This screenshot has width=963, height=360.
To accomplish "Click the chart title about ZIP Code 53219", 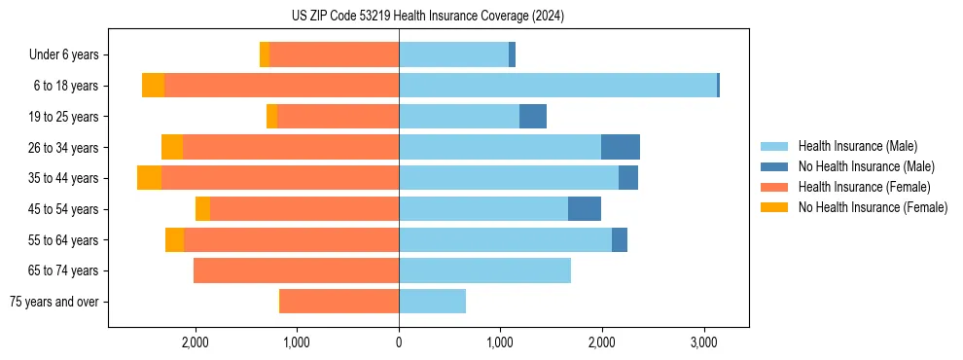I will coord(427,16).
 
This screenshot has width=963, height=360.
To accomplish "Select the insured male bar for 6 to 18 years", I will coord(557,86).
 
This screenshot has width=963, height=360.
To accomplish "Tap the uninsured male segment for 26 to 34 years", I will coord(621,147).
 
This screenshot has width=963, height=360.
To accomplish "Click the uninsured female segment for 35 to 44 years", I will coord(149,178).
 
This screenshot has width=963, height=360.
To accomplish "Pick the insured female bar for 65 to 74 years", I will coord(296,270).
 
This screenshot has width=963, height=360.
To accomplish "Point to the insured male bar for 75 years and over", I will coord(432,302).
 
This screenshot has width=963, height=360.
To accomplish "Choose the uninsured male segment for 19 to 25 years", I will coord(533,117).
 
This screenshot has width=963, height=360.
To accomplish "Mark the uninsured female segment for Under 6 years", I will coord(265,54).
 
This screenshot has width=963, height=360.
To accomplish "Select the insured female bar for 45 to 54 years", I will coord(304,209).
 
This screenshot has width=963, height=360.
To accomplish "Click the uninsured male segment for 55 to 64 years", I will coord(620,239).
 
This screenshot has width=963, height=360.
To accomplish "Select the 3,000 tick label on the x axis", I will coord(704,342).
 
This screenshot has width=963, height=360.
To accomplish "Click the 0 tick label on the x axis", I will coord(399,342).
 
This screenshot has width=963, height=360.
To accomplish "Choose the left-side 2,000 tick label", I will coord(195,342).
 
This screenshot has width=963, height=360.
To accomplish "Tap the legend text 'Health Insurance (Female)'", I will coord(865,187).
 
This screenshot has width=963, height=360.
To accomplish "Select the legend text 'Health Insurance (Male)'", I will coord(858,146).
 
